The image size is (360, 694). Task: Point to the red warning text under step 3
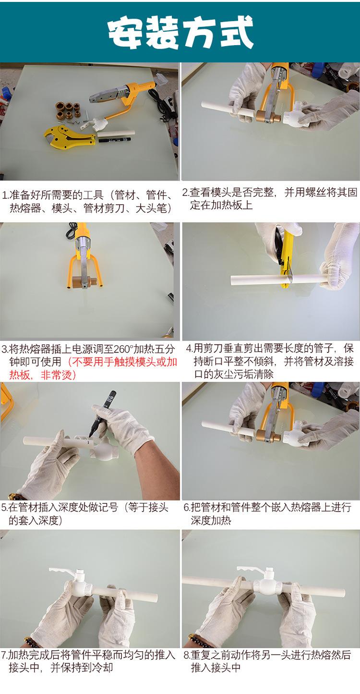point(93,368)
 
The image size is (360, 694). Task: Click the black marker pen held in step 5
point(102,414)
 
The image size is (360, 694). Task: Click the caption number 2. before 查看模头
point(185,193)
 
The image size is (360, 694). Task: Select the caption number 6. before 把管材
point(187,508)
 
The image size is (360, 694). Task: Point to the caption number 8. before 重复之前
point(187,654)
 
